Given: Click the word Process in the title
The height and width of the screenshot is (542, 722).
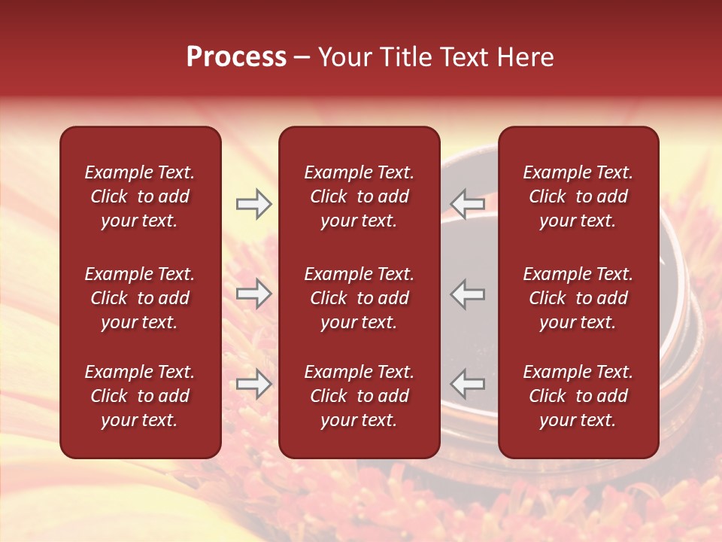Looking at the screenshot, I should pyautogui.click(x=236, y=57).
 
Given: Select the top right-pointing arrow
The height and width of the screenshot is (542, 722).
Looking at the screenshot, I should pyautogui.click(x=254, y=203).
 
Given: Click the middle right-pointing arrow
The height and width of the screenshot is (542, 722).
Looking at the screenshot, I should pyautogui.click(x=254, y=294).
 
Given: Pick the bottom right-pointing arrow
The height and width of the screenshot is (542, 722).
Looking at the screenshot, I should pyautogui.click(x=254, y=384).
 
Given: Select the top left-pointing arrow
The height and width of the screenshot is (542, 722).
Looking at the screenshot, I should pyautogui.click(x=467, y=203).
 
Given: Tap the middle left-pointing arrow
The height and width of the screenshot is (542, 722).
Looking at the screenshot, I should pyautogui.click(x=467, y=294).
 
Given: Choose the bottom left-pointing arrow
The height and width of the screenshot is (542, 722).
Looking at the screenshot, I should pyautogui.click(x=467, y=384).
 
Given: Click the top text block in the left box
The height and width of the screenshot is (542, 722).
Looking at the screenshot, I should pyautogui.click(x=140, y=196).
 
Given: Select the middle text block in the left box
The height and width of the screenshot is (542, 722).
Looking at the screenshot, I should pyautogui.click(x=140, y=298).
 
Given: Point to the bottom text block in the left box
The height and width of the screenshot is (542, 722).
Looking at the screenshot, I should pyautogui.click(x=140, y=396).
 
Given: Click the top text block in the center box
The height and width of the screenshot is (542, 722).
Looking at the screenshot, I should pyautogui.click(x=359, y=196).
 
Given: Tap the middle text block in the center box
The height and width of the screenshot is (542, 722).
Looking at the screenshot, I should pyautogui.click(x=359, y=298).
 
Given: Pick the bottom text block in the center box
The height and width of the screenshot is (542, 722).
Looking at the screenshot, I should pyautogui.click(x=359, y=396).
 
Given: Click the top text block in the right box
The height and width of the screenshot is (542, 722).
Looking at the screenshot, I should pyautogui.click(x=578, y=196).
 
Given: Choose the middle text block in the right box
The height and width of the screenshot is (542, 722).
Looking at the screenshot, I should pyautogui.click(x=578, y=298).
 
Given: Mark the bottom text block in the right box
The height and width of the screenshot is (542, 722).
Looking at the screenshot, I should pyautogui.click(x=578, y=396).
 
